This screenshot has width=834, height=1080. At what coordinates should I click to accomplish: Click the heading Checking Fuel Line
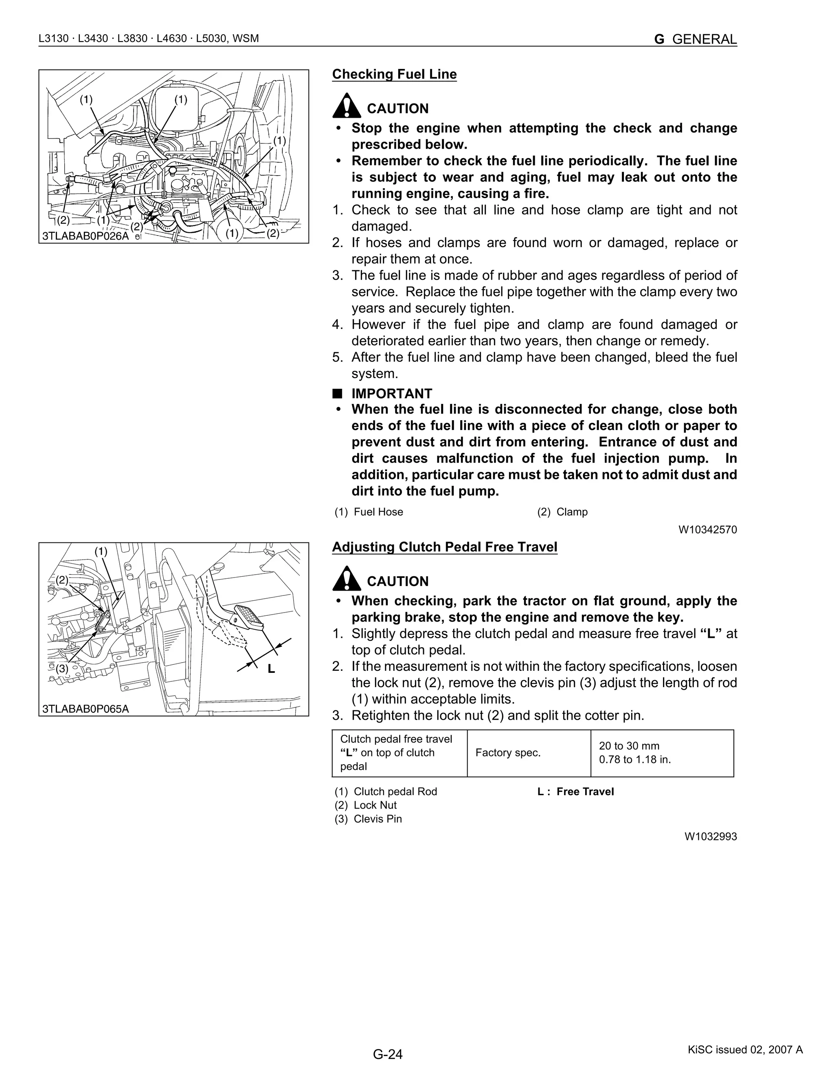(394, 74)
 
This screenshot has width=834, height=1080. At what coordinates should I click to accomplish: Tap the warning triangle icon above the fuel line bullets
(347, 106)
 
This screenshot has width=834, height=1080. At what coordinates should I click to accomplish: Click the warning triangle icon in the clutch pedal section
(347, 579)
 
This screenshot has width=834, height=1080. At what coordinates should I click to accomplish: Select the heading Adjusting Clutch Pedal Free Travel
(444, 547)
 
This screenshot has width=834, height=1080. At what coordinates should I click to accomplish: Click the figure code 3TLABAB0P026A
(86, 236)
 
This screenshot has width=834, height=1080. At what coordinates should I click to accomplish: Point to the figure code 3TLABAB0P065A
(86, 709)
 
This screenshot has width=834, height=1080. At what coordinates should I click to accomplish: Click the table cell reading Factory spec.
(508, 753)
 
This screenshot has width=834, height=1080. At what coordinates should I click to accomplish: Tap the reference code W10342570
(707, 530)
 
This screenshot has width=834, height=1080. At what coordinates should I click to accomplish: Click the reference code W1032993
(711, 836)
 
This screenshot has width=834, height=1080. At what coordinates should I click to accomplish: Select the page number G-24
(388, 1054)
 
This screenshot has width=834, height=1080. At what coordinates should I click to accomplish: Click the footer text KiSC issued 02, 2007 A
(745, 1050)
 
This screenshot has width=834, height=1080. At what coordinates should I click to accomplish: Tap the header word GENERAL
(704, 39)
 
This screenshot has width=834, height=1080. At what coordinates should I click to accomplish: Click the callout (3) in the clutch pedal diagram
(62, 668)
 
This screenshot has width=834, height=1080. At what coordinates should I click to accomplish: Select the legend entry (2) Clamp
(562, 512)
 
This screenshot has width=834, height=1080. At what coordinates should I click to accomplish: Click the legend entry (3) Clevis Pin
(368, 819)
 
